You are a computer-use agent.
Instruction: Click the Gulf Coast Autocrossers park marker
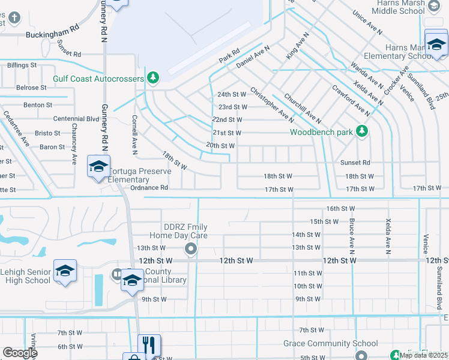pos(154,77)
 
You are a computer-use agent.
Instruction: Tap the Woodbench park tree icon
pos(361,130)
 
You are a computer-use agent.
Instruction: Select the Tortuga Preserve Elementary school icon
pos(98,166)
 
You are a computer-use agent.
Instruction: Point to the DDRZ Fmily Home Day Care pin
pos(191,248)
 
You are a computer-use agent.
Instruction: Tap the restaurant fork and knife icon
pos(149,344)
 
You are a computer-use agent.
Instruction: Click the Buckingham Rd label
pos(53,35)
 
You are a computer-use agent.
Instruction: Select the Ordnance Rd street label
pos(149,187)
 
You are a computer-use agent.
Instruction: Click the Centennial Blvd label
pos(76,119)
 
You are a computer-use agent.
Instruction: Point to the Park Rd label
pos(229,56)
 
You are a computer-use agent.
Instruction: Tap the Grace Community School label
pos(331,344)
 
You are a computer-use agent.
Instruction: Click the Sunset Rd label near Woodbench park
pos(355,163)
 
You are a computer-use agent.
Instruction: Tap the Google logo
pos(20,353)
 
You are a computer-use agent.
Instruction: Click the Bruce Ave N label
pos(350,234)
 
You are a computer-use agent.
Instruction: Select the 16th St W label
pos(341,208)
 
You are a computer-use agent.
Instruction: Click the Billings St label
pos(22,64)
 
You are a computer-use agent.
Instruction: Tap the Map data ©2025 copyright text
pos(423,355)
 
